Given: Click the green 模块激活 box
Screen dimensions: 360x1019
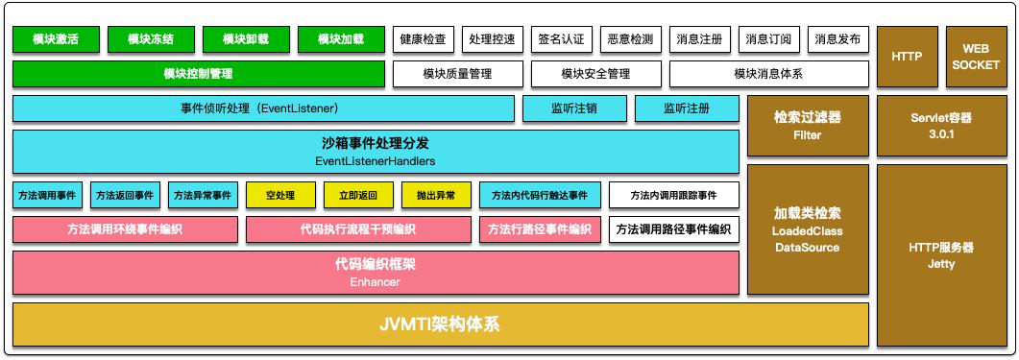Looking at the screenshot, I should tap(55, 39).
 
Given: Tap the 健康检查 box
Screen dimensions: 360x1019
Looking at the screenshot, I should tap(423, 39).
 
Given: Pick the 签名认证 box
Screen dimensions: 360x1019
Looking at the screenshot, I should tap(561, 39).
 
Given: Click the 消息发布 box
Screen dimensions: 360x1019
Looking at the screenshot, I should tap(837, 39).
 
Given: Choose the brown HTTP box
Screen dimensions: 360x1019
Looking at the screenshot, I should tap(907, 57).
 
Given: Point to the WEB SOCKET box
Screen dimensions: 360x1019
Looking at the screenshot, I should tap(975, 57).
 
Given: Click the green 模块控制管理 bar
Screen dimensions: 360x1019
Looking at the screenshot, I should tap(198, 74).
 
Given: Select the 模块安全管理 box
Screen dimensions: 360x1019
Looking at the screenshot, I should tap(595, 74).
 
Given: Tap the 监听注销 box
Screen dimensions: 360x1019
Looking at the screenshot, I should tap(574, 108).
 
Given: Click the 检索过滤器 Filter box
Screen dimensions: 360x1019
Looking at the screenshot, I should tap(808, 125).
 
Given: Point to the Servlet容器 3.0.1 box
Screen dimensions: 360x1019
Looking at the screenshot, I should tap(940, 125).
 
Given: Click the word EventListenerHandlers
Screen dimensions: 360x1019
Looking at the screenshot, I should tap(376, 161).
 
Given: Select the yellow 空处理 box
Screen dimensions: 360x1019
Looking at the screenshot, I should tap(282, 196).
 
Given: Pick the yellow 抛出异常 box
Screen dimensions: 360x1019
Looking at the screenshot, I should tap(437, 196).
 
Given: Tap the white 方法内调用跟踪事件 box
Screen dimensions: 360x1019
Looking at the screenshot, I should tap(673, 196).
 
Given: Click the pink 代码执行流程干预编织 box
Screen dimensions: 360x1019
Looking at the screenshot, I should tap(358, 229).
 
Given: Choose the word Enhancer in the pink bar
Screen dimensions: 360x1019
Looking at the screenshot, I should tap(376, 282).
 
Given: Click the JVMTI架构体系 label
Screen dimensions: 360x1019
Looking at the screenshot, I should tap(440, 324).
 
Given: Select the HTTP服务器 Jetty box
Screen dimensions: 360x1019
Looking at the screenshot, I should tap(940, 255).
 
